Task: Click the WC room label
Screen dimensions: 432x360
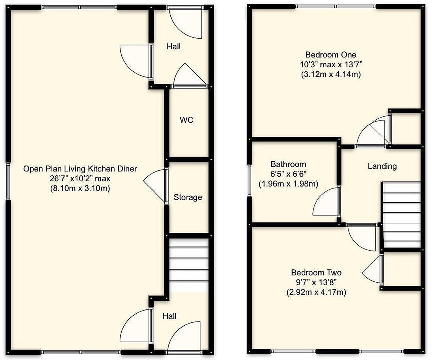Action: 186,120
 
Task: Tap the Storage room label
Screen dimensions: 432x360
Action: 188,197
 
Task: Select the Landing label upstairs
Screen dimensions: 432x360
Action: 382,166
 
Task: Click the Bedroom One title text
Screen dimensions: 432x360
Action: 331,55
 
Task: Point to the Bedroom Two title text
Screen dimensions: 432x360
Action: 316,272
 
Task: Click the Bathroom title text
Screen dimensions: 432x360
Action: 288,164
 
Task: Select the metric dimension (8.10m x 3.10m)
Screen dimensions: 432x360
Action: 80,188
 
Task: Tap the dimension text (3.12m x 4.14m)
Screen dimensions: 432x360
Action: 331,74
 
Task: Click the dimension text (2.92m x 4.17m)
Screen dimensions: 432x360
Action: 316,292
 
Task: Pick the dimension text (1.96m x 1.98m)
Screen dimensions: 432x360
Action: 288,183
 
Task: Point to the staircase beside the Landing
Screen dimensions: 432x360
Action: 402,215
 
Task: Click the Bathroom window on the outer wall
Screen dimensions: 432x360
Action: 249,180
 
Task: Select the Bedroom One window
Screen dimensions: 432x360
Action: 336,6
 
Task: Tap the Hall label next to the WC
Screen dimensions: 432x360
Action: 174,47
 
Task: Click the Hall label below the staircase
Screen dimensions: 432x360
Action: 169,316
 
